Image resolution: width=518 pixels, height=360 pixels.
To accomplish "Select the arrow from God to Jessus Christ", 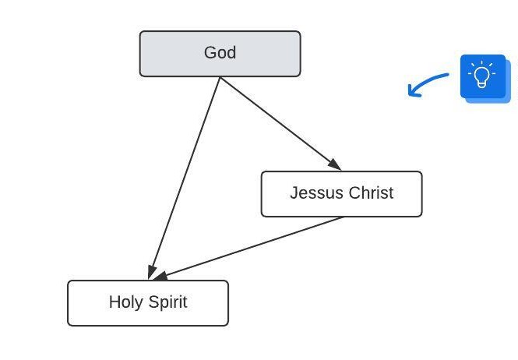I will [280, 123].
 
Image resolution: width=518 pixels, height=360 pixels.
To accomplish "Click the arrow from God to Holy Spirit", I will [185, 178].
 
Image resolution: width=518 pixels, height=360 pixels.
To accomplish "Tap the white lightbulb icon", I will [482, 76].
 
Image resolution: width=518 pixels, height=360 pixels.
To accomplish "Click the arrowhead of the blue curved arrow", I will [412, 92].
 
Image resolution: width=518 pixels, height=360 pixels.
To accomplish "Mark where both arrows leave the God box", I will [220, 77].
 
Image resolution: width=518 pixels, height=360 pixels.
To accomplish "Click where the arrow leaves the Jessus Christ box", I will [343, 217].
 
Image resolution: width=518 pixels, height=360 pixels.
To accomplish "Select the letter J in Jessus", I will [294, 193].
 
